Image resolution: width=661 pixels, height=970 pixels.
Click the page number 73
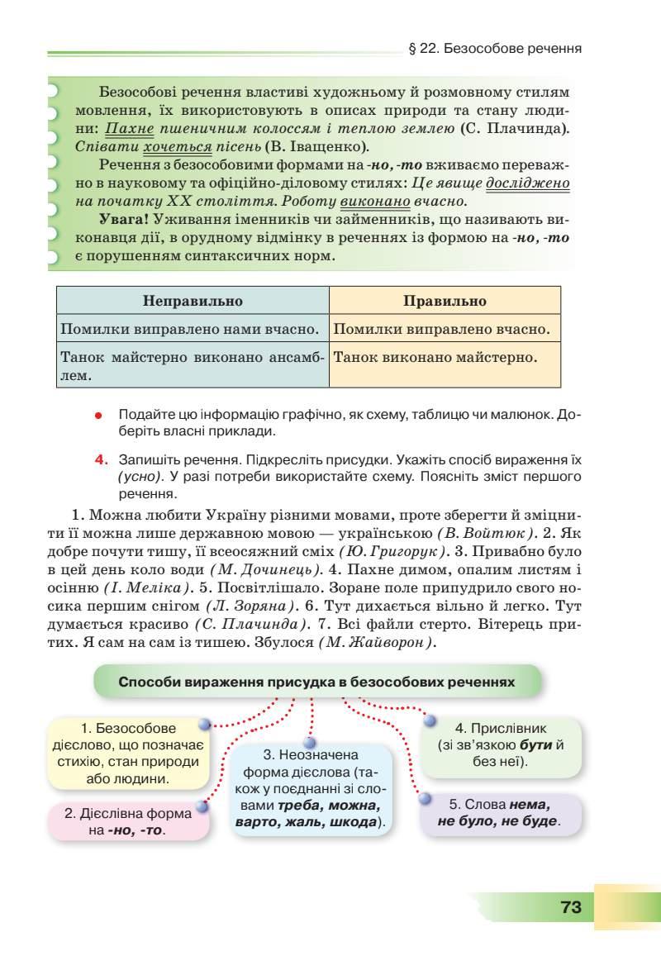571,906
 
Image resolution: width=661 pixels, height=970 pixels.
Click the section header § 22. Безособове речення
496,49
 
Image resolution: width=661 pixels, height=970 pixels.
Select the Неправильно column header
193,301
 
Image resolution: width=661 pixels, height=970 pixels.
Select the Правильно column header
445,301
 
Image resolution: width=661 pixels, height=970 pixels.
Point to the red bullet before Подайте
98,414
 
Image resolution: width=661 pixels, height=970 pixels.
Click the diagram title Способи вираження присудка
317,682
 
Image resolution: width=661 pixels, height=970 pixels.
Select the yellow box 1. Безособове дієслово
129,754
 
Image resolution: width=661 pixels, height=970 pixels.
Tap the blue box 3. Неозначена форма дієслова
309,789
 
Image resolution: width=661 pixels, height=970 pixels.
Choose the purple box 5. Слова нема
499,813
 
